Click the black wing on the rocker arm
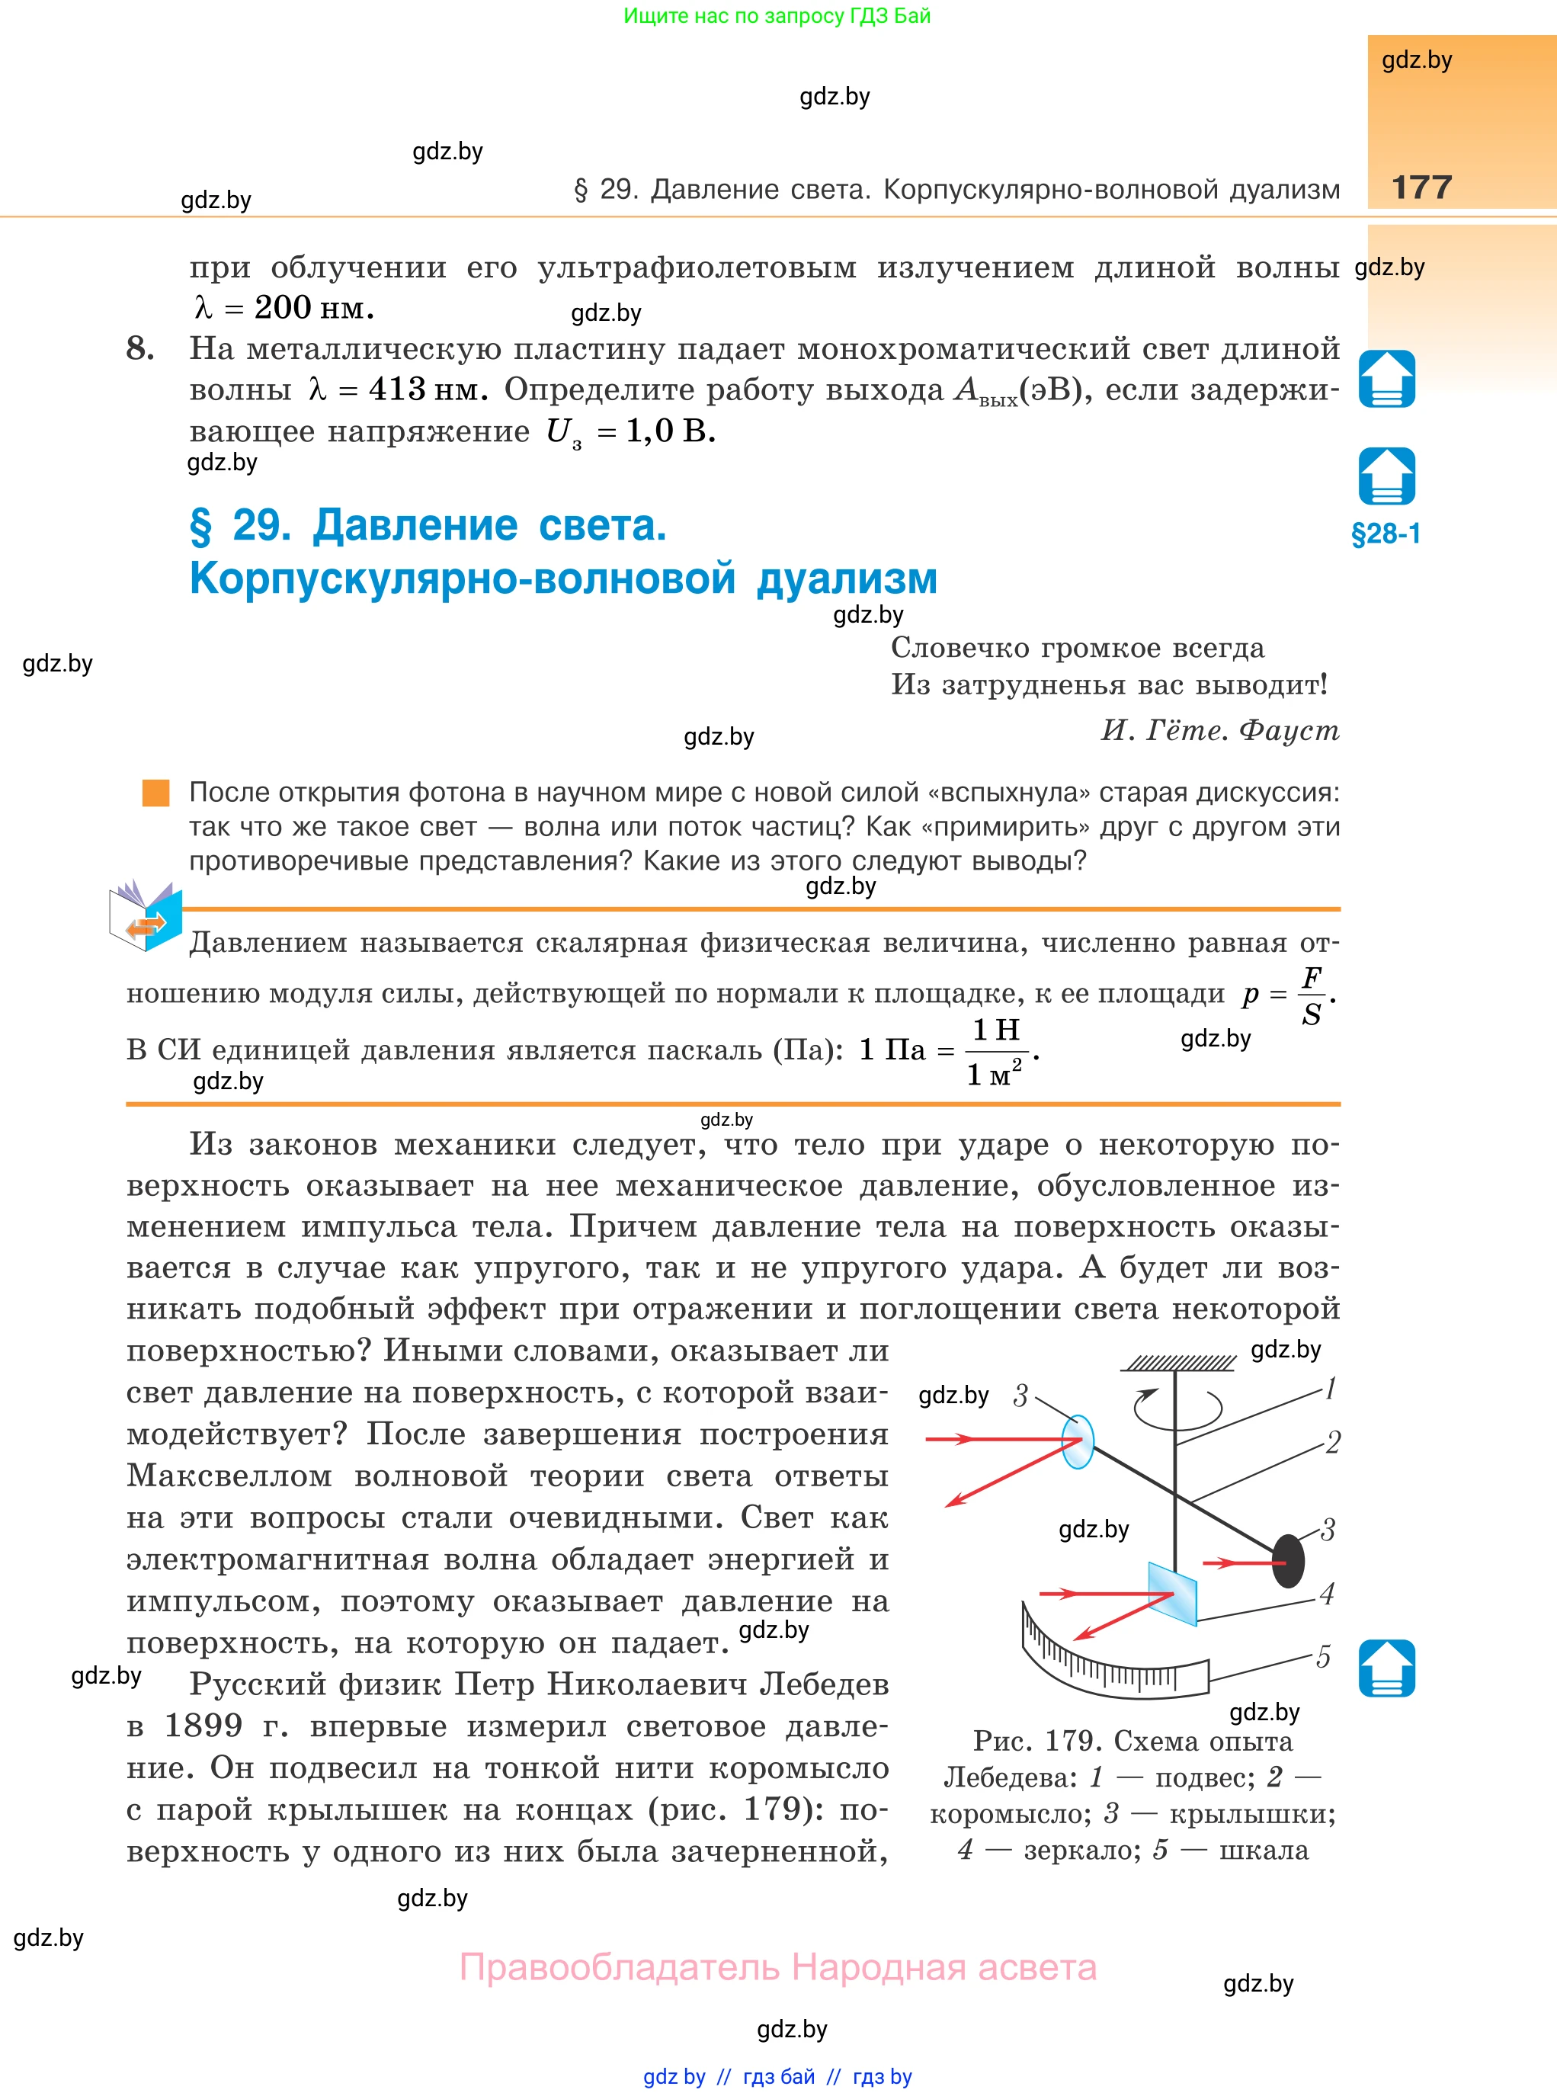1289,1561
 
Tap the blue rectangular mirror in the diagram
1172,1594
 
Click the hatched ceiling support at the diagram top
1178,1363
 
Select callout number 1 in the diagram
1330,1388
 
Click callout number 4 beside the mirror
1327,1594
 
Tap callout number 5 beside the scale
1323,1656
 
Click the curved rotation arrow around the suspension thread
1177,1408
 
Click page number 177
1421,187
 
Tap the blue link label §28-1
1386,534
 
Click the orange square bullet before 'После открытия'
155,793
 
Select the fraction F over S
1311,995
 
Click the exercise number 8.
140,349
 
